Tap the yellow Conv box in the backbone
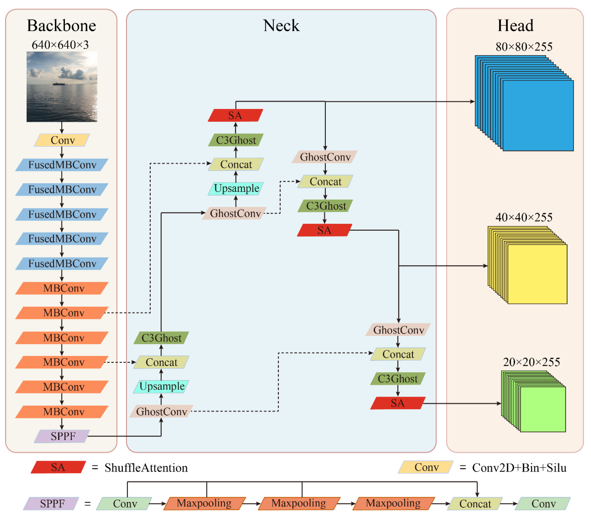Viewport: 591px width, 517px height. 62,140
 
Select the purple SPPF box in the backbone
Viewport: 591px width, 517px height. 62,436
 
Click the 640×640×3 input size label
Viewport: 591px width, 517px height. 60,45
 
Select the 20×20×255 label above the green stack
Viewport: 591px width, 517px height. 531,362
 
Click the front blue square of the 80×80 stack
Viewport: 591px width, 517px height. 538,115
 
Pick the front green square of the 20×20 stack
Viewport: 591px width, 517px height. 542,409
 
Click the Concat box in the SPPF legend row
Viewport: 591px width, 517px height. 475,504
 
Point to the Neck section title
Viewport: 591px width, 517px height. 281,25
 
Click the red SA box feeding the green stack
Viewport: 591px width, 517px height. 398,403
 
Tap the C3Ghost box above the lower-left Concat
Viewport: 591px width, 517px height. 161,338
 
